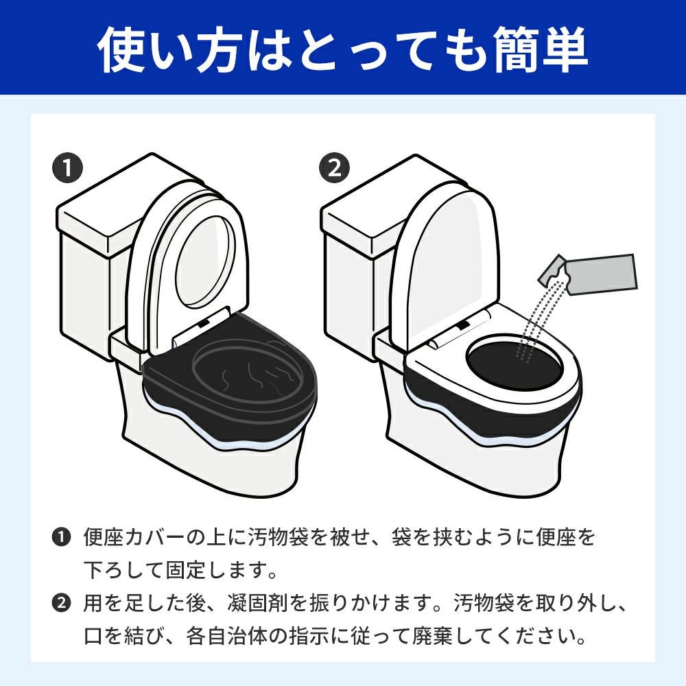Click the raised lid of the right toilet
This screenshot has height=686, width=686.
pos(446,254)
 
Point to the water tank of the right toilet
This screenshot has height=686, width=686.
pos(357,274)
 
